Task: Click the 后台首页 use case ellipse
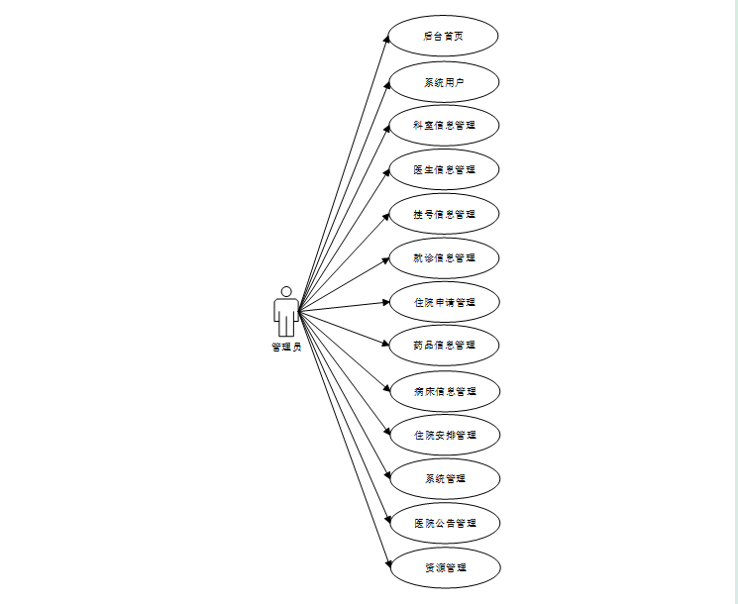pyautogui.click(x=443, y=36)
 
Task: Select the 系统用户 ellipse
pyautogui.click(x=443, y=82)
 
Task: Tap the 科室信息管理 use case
pyautogui.click(x=444, y=126)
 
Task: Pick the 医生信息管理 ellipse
pyautogui.click(x=444, y=169)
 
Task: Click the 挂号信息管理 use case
pyautogui.click(x=444, y=214)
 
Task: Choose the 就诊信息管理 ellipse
pyautogui.click(x=444, y=257)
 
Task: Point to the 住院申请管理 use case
pyautogui.click(x=444, y=301)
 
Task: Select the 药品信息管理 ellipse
pyautogui.click(x=444, y=345)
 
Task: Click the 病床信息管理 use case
pyautogui.click(x=444, y=391)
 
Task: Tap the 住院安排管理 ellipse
pyautogui.click(x=444, y=435)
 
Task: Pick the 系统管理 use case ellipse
pyautogui.click(x=444, y=479)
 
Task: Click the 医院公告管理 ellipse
pyautogui.click(x=444, y=523)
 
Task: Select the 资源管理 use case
pyautogui.click(x=444, y=568)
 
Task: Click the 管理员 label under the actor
pyautogui.click(x=286, y=348)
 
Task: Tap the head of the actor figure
pyautogui.click(x=286, y=292)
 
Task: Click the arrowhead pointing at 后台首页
pyautogui.click(x=385, y=39)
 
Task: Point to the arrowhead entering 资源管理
pyautogui.click(x=385, y=564)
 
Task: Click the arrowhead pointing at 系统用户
pyautogui.click(x=385, y=84)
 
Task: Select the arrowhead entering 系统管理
pyautogui.click(x=385, y=476)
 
